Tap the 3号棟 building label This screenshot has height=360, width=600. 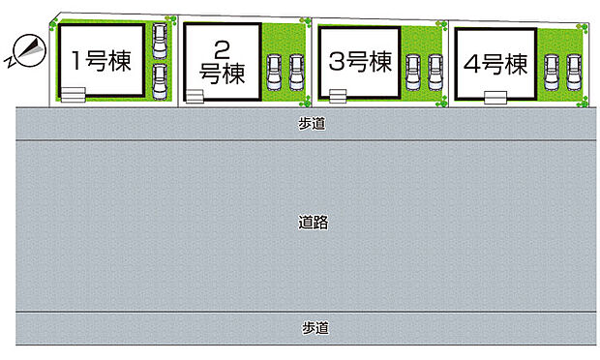360,63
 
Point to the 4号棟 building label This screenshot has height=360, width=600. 495,65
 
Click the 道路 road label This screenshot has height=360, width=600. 315,223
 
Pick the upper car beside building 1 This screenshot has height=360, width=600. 161,40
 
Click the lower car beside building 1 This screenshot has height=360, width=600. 161,77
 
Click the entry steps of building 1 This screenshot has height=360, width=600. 73,92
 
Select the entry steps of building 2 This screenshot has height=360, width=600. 195,96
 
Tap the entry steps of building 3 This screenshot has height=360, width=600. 337,95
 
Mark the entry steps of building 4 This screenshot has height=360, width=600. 495,95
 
